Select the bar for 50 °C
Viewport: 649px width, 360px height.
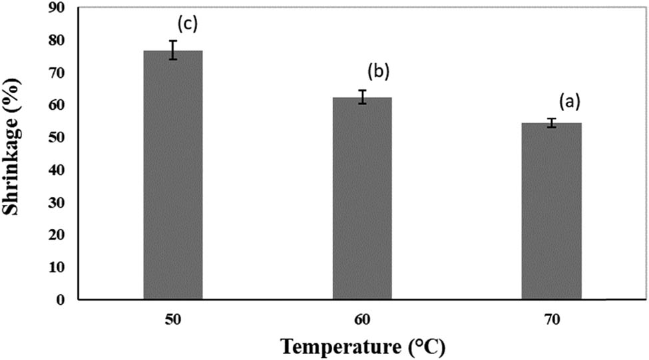tap(173, 176)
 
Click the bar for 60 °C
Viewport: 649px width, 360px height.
tap(362, 200)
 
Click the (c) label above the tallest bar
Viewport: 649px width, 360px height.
tap(188, 25)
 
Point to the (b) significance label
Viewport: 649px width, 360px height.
tap(377, 71)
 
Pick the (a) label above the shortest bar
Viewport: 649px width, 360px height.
tap(569, 101)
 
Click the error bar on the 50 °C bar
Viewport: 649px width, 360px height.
tap(173, 50)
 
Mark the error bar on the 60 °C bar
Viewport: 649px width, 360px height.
tap(362, 97)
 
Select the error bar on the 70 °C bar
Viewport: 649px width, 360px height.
tap(551, 122)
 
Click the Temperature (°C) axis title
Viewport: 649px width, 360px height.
tap(362, 346)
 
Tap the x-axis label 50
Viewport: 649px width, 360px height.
tap(173, 320)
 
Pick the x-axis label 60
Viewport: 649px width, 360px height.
tap(362, 320)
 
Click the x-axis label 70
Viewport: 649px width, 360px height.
tap(551, 320)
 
